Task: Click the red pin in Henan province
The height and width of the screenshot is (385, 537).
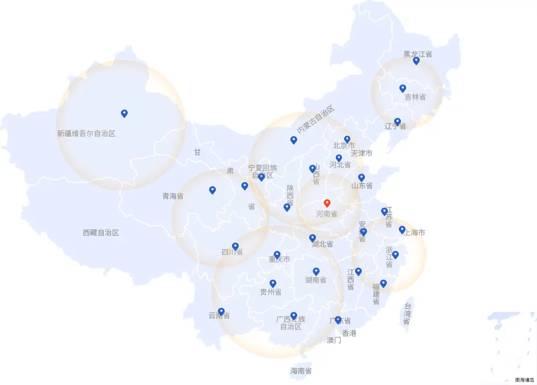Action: coord(327,203)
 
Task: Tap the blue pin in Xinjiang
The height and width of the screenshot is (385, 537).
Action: coord(124,113)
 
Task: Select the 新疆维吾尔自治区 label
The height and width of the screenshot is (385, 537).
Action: coord(86,134)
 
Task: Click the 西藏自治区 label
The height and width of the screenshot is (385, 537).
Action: coord(101,233)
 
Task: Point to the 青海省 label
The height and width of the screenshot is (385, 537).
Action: coord(173,197)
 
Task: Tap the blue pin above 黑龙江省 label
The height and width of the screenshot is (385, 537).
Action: coord(416,61)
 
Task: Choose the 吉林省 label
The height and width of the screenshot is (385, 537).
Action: coord(415,97)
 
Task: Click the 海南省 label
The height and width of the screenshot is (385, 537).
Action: coord(301,371)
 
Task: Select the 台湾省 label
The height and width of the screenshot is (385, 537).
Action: coord(407,314)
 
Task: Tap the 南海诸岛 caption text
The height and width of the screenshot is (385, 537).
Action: coord(524,380)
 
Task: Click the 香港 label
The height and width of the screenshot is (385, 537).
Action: coord(349,333)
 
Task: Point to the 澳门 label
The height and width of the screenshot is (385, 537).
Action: coord(334,341)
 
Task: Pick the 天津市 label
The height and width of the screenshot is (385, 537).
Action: coord(361,153)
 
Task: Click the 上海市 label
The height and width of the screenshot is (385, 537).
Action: coord(414,233)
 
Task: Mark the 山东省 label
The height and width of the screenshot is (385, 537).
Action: coord(362,186)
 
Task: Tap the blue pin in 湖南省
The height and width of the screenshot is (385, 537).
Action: coord(316,271)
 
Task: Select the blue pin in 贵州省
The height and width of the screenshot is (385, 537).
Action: coord(273,283)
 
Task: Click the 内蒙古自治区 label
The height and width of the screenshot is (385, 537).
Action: coord(316,119)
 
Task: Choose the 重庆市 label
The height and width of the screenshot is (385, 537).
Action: coord(279,259)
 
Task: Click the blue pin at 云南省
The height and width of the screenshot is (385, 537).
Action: coord(221,311)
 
